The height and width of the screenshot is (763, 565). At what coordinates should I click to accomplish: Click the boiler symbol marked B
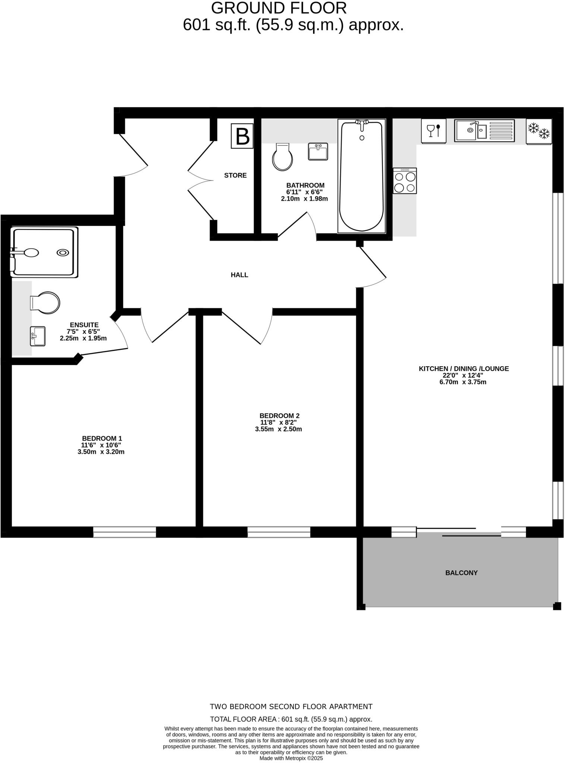pyautogui.click(x=242, y=136)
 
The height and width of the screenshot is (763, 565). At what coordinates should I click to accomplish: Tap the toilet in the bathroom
pyautogui.click(x=282, y=157)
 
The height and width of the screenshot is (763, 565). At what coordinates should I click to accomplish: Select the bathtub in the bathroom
pyautogui.click(x=362, y=176)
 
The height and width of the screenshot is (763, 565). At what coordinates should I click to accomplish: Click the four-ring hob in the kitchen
pyautogui.click(x=405, y=181)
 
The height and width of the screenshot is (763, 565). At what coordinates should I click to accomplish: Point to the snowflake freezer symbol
pyautogui.click(x=539, y=131)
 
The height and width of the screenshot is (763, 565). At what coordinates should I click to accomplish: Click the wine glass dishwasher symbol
pyautogui.click(x=433, y=131)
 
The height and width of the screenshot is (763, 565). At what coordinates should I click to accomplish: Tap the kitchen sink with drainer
pyautogui.click(x=484, y=130)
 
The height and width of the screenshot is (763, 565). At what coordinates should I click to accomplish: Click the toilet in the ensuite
pyautogui.click(x=45, y=303)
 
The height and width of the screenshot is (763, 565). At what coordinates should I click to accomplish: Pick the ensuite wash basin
pyautogui.click(x=38, y=336)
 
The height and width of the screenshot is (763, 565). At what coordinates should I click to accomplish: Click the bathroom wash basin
pyautogui.click(x=318, y=152)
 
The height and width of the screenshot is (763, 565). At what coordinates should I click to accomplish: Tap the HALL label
pyautogui.click(x=239, y=275)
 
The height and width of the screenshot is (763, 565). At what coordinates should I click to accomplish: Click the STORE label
pyautogui.click(x=235, y=175)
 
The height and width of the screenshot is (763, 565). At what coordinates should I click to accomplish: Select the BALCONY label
pyautogui.click(x=461, y=573)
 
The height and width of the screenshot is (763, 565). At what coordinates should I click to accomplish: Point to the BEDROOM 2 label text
pyautogui.click(x=279, y=415)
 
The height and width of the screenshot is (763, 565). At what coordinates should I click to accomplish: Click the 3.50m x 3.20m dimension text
pyautogui.click(x=101, y=452)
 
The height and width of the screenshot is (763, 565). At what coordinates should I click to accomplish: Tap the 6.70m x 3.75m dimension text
pyautogui.click(x=463, y=382)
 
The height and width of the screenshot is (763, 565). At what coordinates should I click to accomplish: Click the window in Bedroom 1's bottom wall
pyautogui.click(x=124, y=532)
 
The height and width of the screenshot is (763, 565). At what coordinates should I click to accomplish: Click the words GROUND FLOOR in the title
pyautogui.click(x=279, y=8)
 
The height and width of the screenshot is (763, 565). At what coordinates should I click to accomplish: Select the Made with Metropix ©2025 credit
pyautogui.click(x=291, y=758)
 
